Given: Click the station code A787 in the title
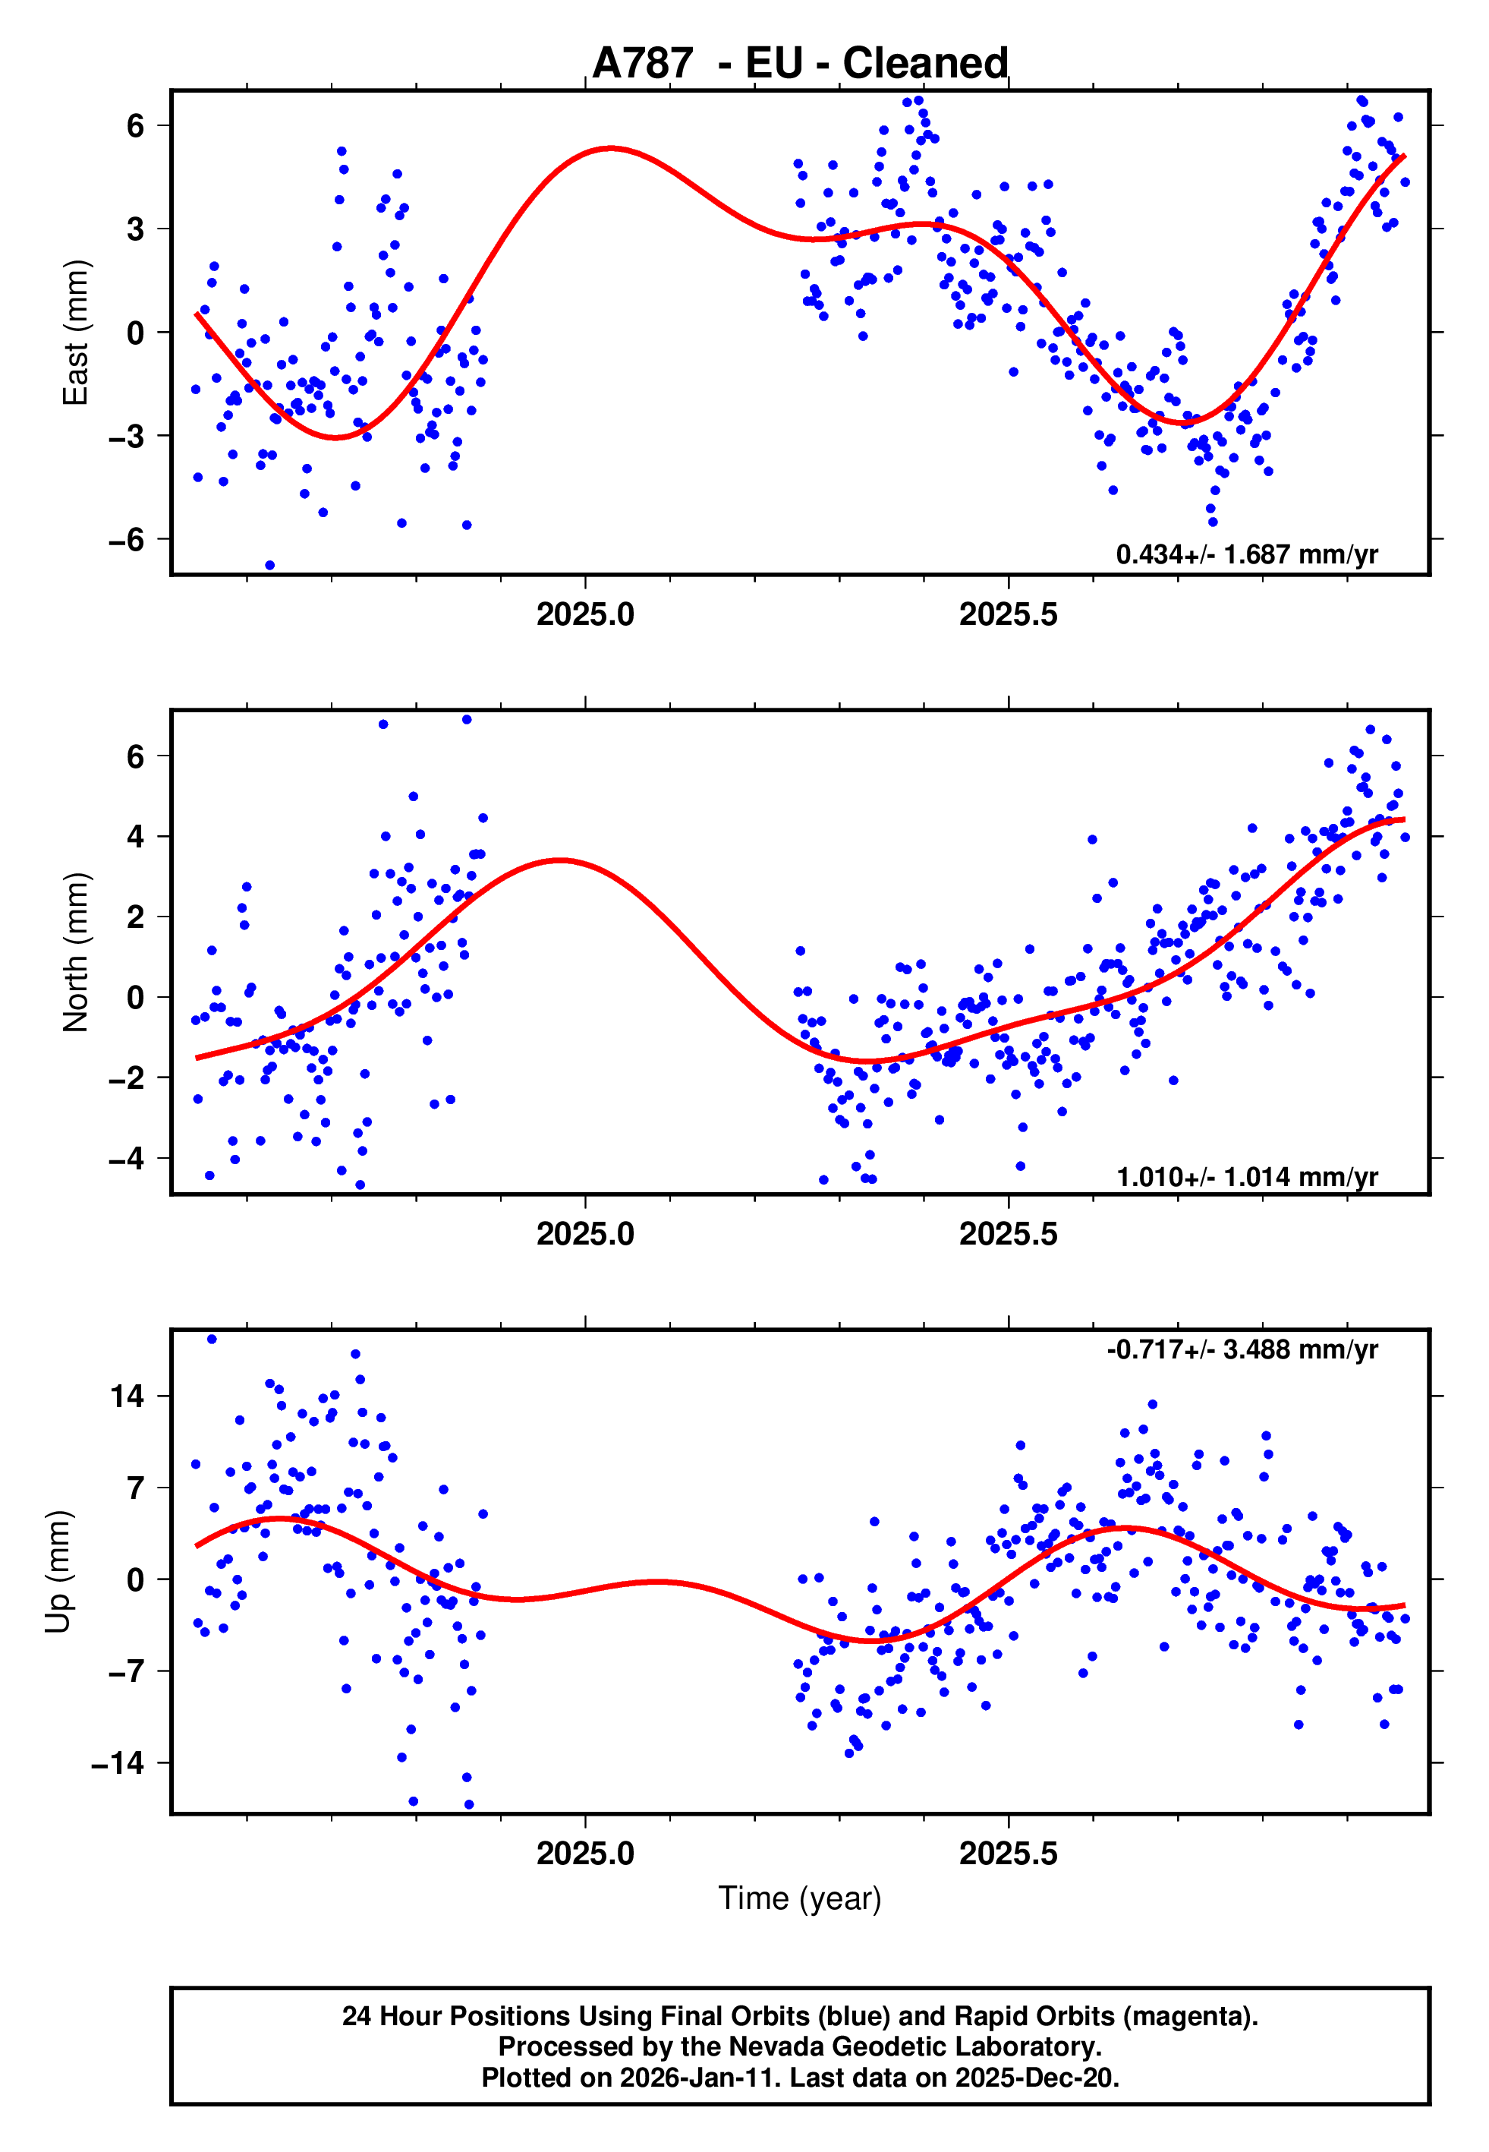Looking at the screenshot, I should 642,64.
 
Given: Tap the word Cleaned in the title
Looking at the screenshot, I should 924,64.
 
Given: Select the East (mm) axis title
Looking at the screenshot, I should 76,333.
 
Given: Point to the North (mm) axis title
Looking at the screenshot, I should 76,952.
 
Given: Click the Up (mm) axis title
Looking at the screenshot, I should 58,1572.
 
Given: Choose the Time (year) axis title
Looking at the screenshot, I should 800,1898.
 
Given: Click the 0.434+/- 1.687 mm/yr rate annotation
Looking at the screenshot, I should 1246,554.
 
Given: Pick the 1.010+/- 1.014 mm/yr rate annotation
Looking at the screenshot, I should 1246,1177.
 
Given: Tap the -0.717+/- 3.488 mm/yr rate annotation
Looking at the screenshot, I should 1242,1349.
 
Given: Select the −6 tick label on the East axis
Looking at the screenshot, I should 126,539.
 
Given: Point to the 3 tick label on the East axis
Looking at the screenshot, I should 136,229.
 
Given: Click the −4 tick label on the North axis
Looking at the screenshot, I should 126,1159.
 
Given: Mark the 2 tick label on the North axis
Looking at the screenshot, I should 136,917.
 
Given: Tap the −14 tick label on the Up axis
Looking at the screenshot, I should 118,1763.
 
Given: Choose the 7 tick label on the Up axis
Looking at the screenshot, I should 136,1488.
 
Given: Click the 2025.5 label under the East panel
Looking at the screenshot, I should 1009,614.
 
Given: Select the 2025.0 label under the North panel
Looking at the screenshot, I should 585,1234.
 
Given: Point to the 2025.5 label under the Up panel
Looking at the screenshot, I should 1009,1854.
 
